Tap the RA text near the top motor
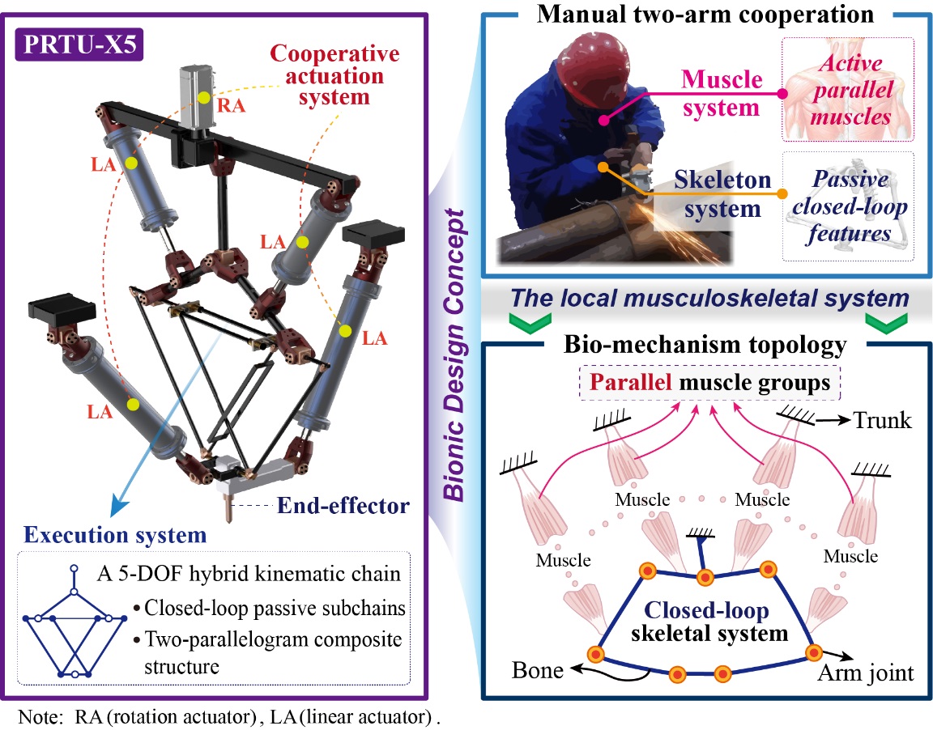point(236,104)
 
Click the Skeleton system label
point(722,194)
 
